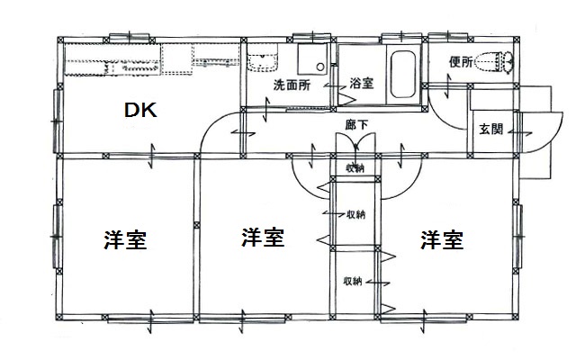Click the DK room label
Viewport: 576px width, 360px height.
pyautogui.click(x=140, y=110)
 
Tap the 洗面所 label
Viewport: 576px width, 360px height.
pyautogui.click(x=292, y=85)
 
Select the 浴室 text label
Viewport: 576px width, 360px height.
pyautogui.click(x=362, y=84)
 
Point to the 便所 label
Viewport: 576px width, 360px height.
pyautogui.click(x=461, y=62)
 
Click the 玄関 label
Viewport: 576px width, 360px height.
pyautogui.click(x=490, y=129)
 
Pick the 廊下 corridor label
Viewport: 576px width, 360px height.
pyautogui.click(x=356, y=124)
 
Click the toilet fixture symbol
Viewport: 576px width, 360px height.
pyautogui.click(x=494, y=62)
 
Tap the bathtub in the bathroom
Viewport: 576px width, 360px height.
pyautogui.click(x=403, y=74)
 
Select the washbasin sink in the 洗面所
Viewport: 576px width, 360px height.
pyautogui.click(x=262, y=61)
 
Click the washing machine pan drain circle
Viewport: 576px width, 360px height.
pyautogui.click(x=320, y=67)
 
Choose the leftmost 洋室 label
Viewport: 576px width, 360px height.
pyautogui.click(x=125, y=240)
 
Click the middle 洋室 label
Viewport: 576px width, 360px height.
pyautogui.click(x=263, y=238)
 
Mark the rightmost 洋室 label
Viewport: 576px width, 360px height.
pyautogui.click(x=442, y=239)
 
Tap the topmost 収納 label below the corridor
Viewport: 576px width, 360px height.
pyautogui.click(x=355, y=168)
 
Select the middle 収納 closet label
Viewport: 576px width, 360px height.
pyautogui.click(x=356, y=214)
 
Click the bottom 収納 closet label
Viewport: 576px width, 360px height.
pyautogui.click(x=353, y=281)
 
